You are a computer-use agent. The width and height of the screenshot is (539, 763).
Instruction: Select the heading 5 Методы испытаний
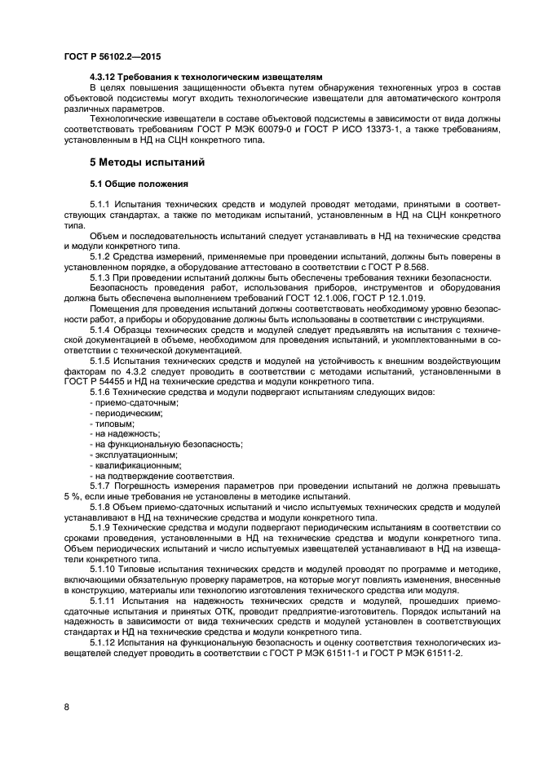click(148, 162)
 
